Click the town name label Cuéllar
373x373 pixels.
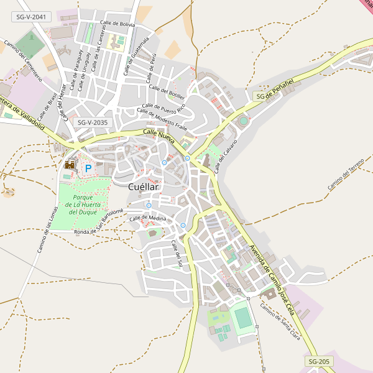coord(143,186)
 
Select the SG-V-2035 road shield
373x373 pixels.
coord(92,122)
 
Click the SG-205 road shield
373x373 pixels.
coord(320,361)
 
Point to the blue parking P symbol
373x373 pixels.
coord(88,168)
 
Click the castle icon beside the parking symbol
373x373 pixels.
coord(70,165)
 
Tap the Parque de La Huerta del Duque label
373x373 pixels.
coord(83,205)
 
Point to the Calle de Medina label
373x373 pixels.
coord(148,218)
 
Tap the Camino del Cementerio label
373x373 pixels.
coord(23,61)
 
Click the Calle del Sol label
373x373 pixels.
coord(177,254)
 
